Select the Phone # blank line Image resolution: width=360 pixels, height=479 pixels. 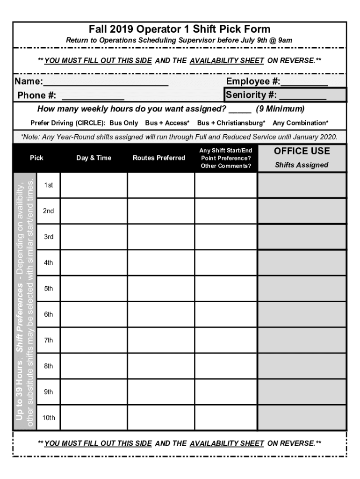(93, 97)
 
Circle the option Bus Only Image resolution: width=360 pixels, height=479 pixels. (124, 123)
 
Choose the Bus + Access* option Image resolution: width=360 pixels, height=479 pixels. (167, 123)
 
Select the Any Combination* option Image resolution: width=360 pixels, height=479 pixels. (301, 123)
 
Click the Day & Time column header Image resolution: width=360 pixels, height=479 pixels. (94, 158)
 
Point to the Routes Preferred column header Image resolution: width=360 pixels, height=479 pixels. (159, 158)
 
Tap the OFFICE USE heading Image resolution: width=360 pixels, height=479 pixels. (302, 151)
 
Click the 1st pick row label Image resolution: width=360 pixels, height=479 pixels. (49, 185)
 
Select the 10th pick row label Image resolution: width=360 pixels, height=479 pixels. (49, 418)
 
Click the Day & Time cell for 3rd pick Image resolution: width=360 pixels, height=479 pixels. (94, 237)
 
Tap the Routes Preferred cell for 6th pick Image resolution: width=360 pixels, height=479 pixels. (161, 315)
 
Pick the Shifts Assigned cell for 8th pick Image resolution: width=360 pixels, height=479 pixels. (302, 366)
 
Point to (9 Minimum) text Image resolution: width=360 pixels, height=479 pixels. (280, 109)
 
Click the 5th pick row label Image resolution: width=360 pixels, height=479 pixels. (49, 289)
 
